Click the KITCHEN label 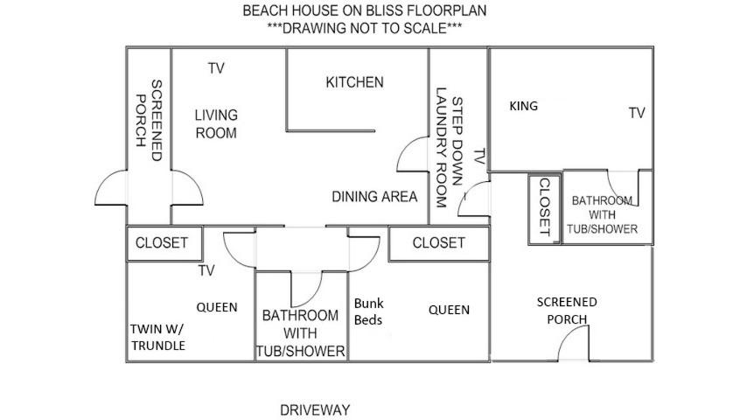coord(354,82)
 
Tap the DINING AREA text coord(374,196)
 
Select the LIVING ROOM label coord(216,124)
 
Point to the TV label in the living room coord(216,68)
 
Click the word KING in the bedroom coord(524,106)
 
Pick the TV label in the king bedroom coord(637,113)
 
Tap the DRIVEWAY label coord(315,410)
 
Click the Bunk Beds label coord(369,311)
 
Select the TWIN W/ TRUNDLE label coord(158,337)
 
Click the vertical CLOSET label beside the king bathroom coord(545,206)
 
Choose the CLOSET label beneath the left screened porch coord(161,242)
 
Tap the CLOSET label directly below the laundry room coord(438,242)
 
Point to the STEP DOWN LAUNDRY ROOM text coord(449,147)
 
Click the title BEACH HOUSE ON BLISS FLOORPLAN coord(364,10)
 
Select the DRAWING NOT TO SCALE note coord(364,28)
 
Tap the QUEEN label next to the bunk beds coord(449,310)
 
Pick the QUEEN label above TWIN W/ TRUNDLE coord(216,307)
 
